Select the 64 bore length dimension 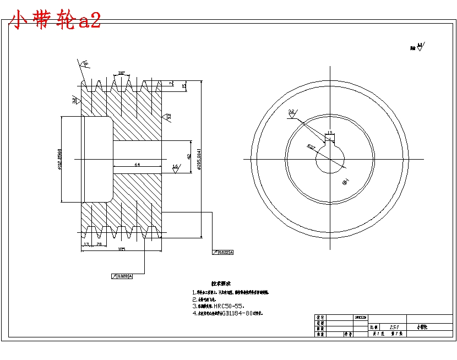137,164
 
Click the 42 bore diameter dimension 189,156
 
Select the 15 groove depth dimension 184,86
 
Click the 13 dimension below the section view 86,243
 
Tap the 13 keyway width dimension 329,133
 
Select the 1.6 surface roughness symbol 176,167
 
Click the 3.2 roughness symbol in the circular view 291,113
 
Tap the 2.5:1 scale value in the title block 394,326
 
